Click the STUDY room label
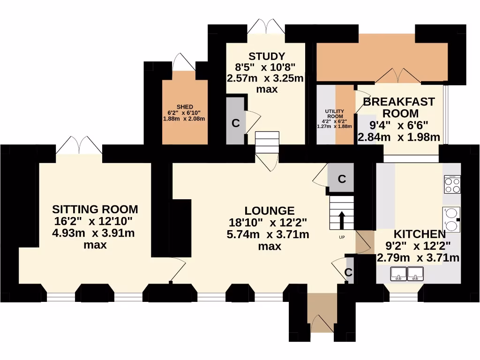pos(266,57)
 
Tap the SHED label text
pos(185,107)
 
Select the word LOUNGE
pos(270,211)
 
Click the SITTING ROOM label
pos(95,209)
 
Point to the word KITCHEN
pos(419,234)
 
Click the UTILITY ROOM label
pos(335,113)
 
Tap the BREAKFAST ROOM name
pos(399,107)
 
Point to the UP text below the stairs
pos(342,237)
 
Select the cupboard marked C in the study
pos(236,123)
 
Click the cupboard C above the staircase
pos(342,179)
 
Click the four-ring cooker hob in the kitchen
pos(452,184)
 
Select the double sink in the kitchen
pos(407,273)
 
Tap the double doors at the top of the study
pos(266,26)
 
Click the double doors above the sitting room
pos(79,145)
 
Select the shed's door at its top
pos(181,63)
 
